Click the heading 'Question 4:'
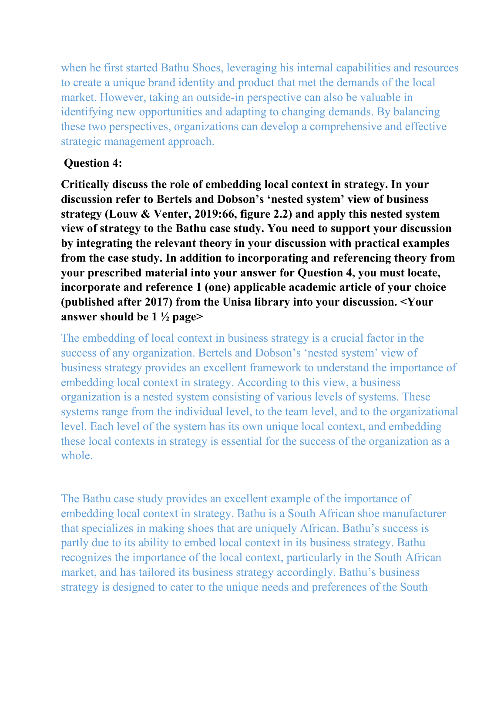click(93, 163)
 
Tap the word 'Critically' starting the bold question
click(85, 185)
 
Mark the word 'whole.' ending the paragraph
click(77, 456)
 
